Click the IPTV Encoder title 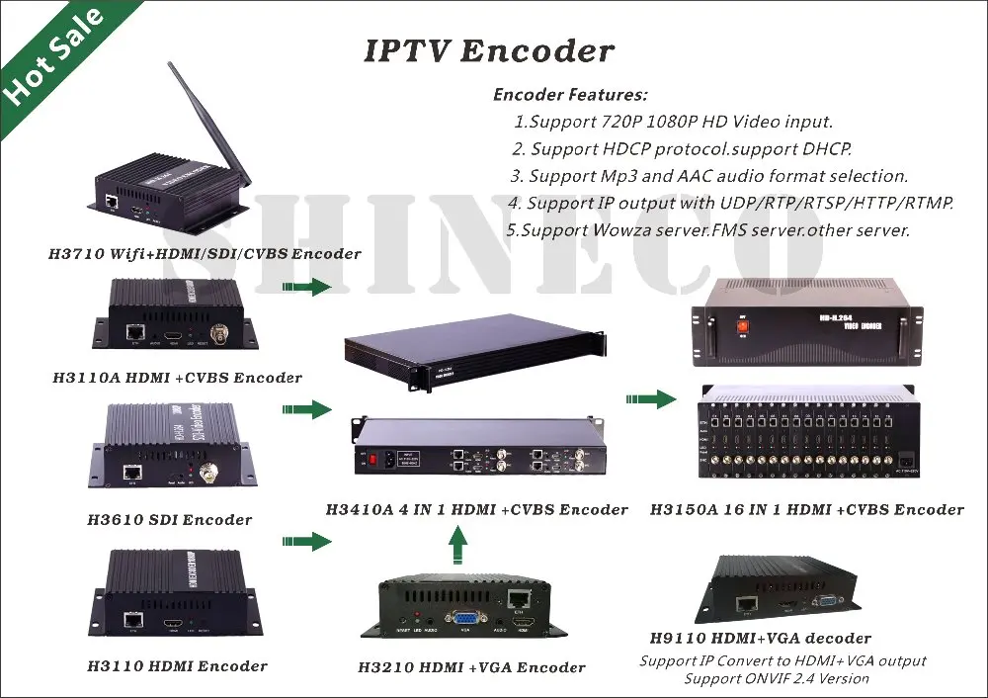489,50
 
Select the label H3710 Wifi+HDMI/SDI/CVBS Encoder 205,254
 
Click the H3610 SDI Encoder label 169,519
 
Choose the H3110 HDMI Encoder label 177,665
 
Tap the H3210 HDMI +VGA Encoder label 471,667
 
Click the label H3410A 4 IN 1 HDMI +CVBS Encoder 476,510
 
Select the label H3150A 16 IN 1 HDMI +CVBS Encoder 806,510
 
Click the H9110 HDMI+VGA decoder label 760,638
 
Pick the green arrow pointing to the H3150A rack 651,399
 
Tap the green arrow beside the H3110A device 305,287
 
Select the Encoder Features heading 570,95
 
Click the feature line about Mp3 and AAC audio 708,176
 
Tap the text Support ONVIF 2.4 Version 777,678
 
